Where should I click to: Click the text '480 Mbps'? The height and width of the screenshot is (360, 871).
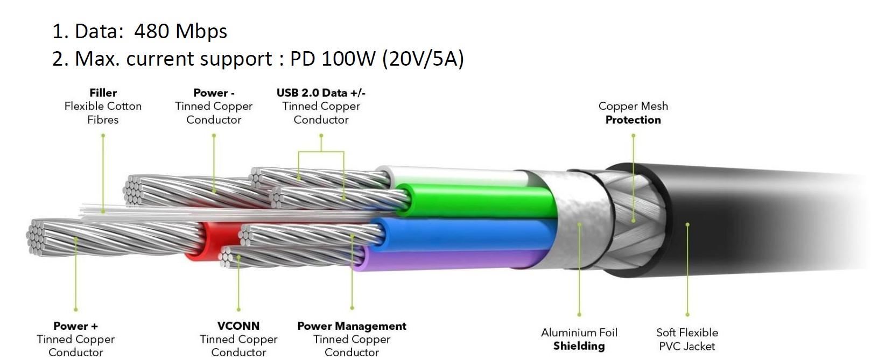pyautogui.click(x=180, y=31)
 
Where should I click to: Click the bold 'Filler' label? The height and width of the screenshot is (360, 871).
pyautogui.click(x=103, y=93)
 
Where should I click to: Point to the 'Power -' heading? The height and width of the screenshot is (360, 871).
pyautogui.click(x=214, y=93)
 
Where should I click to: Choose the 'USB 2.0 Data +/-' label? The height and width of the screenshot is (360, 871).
pyautogui.click(x=321, y=93)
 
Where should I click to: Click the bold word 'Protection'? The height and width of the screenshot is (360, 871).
pyautogui.click(x=633, y=120)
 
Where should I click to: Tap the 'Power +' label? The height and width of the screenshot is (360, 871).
pyautogui.click(x=75, y=326)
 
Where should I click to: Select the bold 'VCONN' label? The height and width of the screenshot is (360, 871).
pyautogui.click(x=238, y=326)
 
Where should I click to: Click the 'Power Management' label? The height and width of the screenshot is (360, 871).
pyautogui.click(x=352, y=326)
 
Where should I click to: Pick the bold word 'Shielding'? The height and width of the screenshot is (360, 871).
pyautogui.click(x=579, y=346)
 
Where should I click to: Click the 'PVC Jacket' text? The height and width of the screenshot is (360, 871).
pyautogui.click(x=687, y=346)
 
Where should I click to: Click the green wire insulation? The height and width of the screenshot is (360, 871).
pyautogui.click(x=479, y=202)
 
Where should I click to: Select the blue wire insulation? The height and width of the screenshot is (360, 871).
pyautogui.click(x=468, y=233)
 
